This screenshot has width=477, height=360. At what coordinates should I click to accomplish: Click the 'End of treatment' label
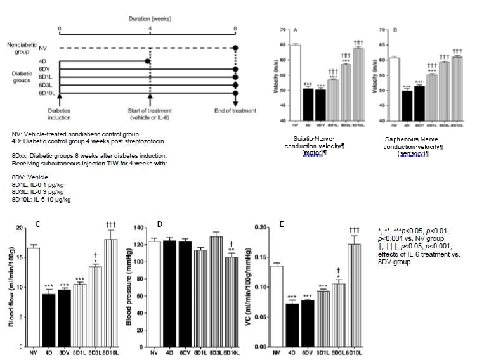tap(235, 111)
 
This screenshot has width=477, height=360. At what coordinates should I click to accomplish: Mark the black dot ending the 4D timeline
tap(148, 61)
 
